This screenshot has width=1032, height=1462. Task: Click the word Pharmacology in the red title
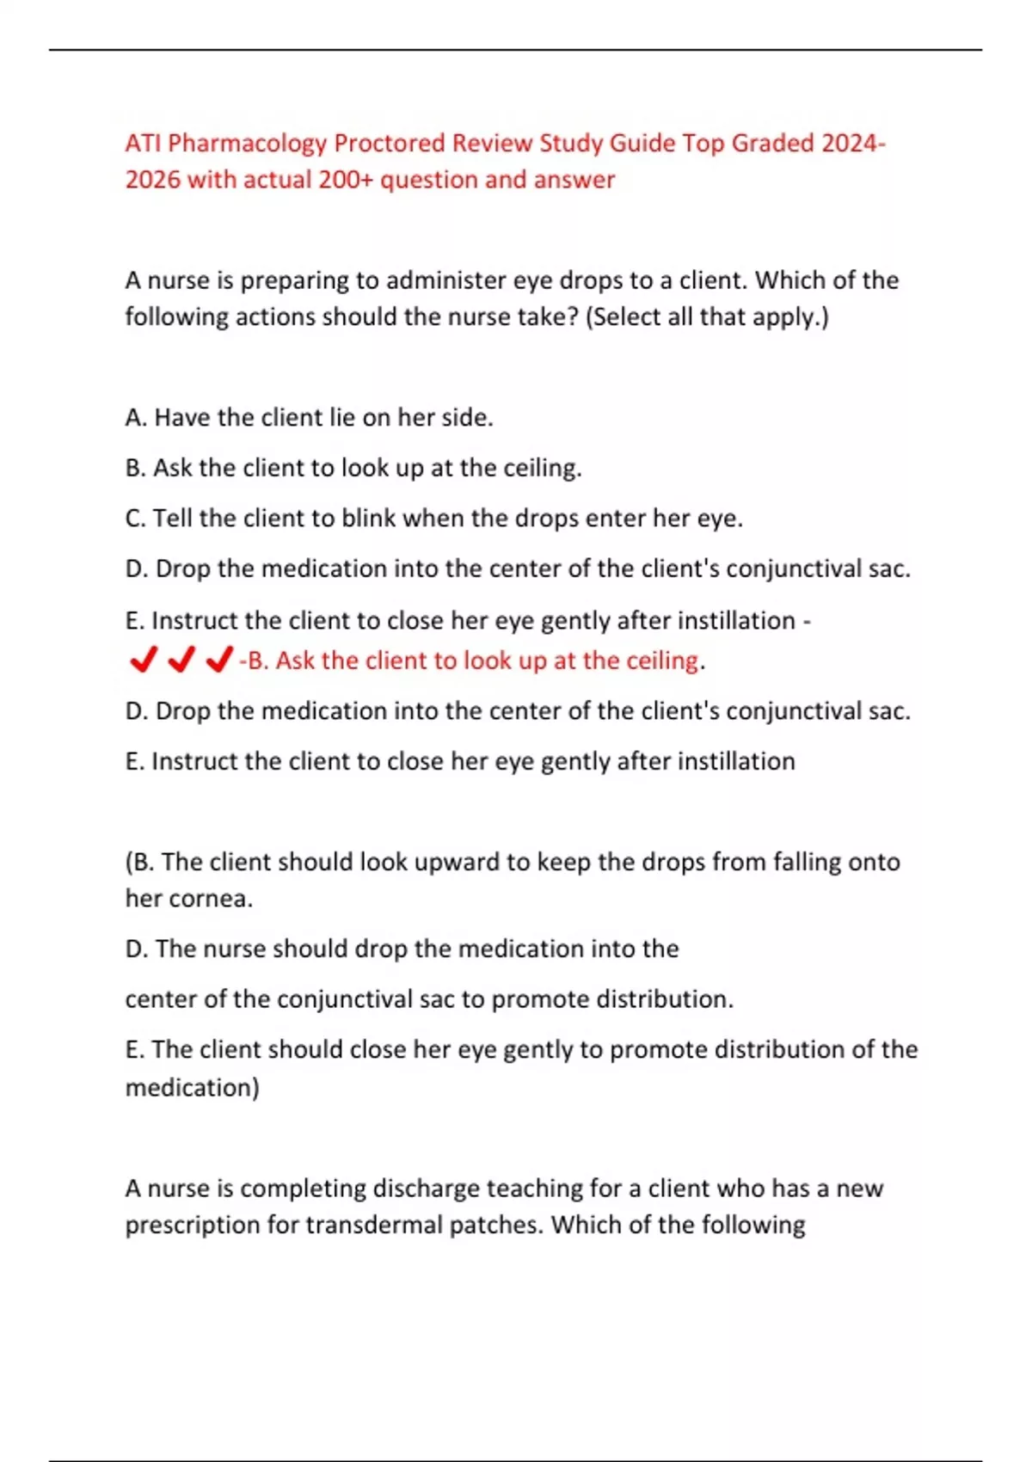pos(247,143)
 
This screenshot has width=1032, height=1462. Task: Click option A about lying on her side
pos(309,418)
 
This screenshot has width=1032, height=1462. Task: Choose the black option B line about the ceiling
pos(353,468)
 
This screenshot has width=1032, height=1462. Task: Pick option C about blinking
pos(433,519)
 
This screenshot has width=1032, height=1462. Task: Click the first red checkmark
pos(142,660)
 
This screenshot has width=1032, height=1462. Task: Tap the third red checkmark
pos(220,660)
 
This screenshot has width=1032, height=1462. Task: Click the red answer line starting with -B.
pos(472,660)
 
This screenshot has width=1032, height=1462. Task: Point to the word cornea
pos(211,899)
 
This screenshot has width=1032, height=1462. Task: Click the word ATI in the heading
pos(143,143)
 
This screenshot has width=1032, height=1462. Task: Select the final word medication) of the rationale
pos(193,1088)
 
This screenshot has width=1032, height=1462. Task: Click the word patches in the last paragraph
pos(495,1225)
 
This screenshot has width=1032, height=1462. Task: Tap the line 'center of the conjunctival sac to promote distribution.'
pos(429,999)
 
